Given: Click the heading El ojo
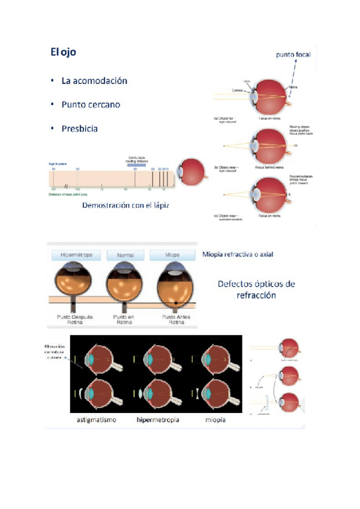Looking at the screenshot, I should click(x=63, y=52).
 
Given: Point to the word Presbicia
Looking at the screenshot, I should click(x=80, y=128).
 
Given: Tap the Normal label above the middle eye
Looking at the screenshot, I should click(x=125, y=254).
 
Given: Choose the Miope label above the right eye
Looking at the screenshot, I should click(x=173, y=254).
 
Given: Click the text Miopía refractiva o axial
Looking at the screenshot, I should click(x=238, y=254).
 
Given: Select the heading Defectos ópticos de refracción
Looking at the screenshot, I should click(x=260, y=289).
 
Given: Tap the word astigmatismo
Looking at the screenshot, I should click(x=97, y=420).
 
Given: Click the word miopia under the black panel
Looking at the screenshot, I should click(x=213, y=420).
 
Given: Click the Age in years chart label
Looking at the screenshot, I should click(x=58, y=163).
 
